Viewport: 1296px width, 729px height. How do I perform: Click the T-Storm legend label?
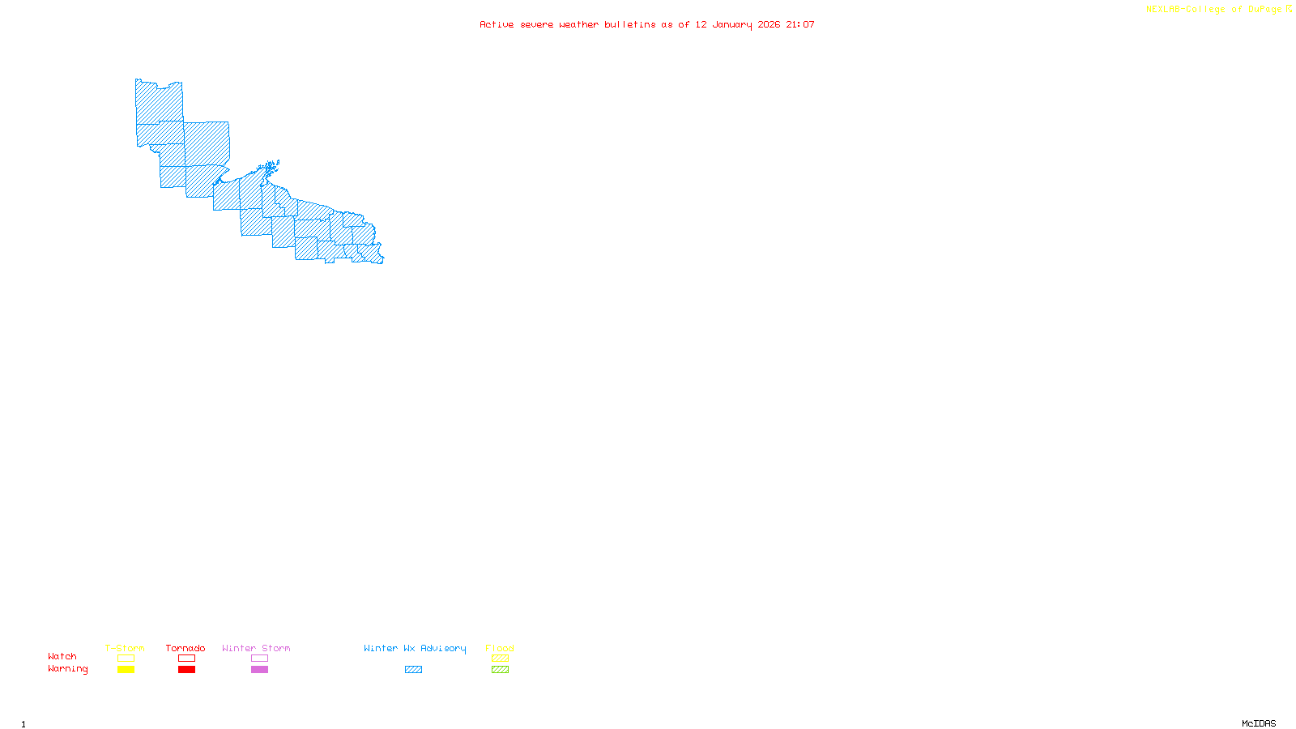(x=125, y=648)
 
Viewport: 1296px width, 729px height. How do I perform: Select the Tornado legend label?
(x=185, y=648)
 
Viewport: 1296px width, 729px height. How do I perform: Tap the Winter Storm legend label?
(x=256, y=648)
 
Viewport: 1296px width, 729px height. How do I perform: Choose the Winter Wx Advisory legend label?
(x=415, y=648)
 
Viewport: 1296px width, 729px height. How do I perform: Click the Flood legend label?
(x=500, y=648)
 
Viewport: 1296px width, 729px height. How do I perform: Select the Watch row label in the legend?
(x=62, y=656)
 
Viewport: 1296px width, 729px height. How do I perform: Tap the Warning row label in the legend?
(x=67, y=669)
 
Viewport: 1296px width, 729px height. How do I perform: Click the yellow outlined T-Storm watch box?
(x=126, y=659)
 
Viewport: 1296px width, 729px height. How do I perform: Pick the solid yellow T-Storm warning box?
(x=126, y=670)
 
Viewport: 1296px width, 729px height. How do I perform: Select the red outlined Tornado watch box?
(x=186, y=659)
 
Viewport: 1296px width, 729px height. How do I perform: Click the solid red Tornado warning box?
(x=186, y=670)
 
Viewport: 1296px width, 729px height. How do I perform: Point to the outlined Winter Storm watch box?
(x=259, y=659)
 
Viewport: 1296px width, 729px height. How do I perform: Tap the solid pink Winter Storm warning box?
(x=259, y=670)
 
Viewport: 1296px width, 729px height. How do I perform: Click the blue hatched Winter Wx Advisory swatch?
(x=413, y=670)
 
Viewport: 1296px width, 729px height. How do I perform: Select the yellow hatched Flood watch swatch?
(x=500, y=659)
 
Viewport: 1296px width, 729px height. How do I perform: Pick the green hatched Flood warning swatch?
(x=500, y=670)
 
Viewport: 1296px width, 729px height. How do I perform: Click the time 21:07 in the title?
(x=800, y=24)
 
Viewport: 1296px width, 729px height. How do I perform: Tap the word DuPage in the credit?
(x=1264, y=9)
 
